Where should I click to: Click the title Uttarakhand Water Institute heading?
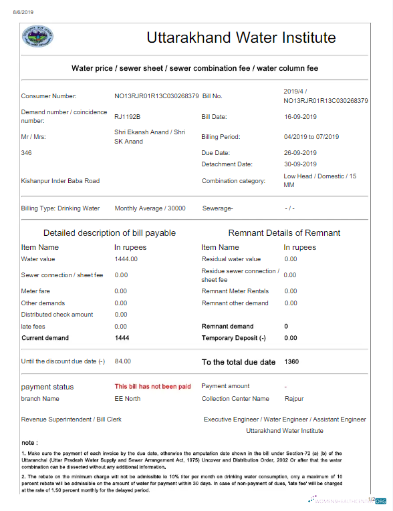point(241,37)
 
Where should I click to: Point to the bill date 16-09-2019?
point(300,117)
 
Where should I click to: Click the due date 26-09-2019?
point(300,153)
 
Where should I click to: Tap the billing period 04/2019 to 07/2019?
point(311,137)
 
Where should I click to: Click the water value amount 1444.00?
point(126,259)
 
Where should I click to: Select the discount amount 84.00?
point(123,361)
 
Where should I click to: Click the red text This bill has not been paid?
point(152,386)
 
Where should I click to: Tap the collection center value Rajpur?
point(294,399)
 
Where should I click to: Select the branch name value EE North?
point(128,399)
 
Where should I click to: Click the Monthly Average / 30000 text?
point(150,208)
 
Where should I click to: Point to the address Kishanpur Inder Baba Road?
point(60,180)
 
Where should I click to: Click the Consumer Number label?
point(49,96)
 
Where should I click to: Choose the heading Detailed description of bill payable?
point(110,233)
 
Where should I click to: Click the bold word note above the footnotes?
point(29,442)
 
